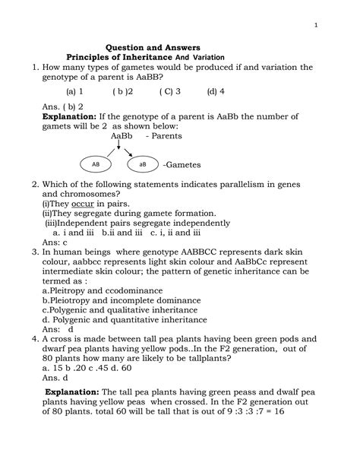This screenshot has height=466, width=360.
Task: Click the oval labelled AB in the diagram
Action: coord(96,163)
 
